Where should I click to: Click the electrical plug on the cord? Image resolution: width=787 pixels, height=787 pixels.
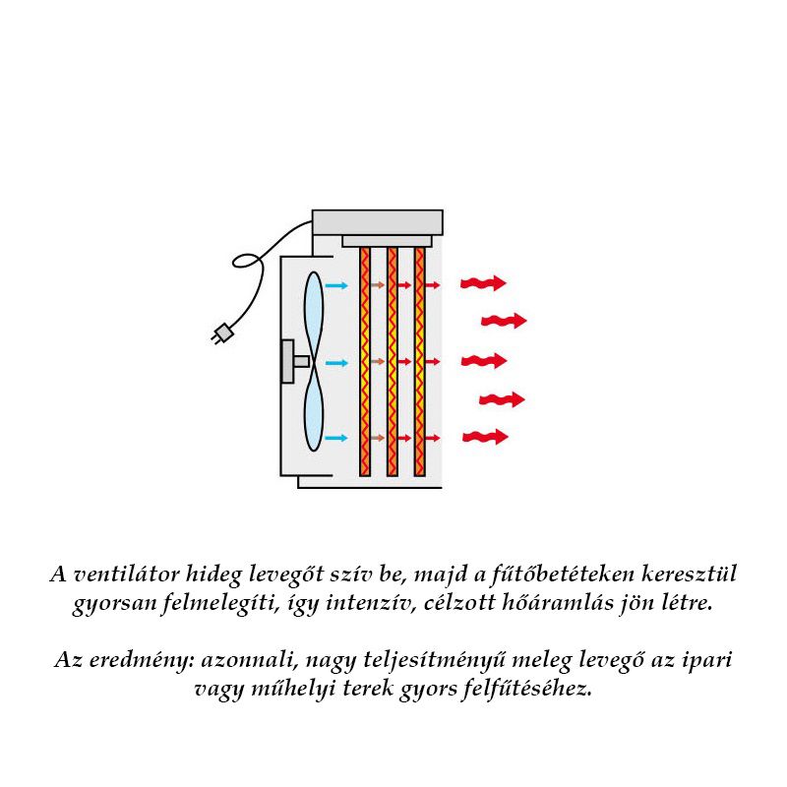(223, 334)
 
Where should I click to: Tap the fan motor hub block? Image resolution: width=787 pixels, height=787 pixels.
(289, 361)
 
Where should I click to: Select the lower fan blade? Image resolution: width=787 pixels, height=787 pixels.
(313, 409)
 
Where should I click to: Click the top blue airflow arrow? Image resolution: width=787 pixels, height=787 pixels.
(336, 285)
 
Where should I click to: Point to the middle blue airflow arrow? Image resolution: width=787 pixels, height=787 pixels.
(336, 362)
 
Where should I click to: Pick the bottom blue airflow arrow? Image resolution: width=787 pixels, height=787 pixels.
(336, 438)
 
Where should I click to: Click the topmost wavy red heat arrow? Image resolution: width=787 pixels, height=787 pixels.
(483, 283)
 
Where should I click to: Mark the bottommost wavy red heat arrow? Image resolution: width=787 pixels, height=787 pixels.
(485, 436)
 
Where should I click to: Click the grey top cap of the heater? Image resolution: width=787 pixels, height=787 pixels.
(377, 221)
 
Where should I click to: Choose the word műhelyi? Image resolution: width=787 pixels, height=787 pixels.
(286, 688)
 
